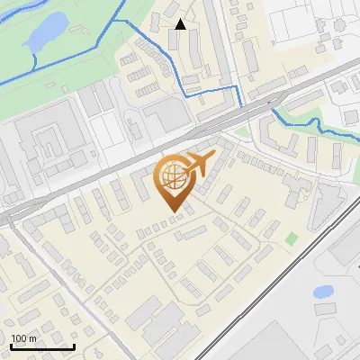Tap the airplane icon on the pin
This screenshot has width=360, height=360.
coord(196,165)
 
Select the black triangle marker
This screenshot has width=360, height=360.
coord(181,24)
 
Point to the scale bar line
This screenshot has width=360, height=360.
coord(42,347)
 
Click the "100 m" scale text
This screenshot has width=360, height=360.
coord(23,338)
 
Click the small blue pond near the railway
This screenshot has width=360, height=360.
coord(323,291)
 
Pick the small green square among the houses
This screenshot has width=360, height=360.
coord(292,238)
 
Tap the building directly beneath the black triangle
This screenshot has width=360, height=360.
coord(173,40)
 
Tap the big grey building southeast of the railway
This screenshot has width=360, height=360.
coord(342,243)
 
